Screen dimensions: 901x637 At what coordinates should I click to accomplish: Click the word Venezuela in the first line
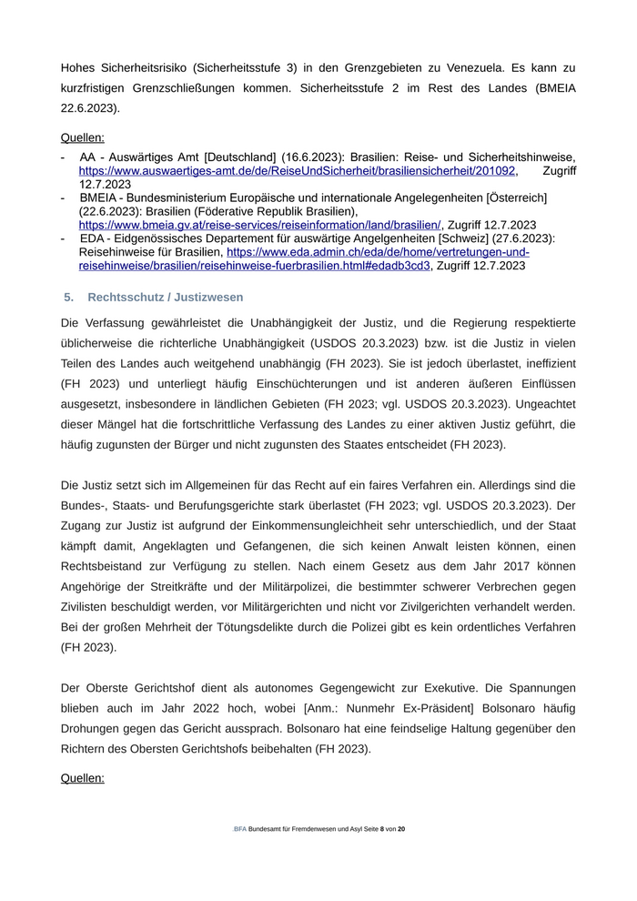488,67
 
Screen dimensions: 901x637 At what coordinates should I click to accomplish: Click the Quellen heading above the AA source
83,138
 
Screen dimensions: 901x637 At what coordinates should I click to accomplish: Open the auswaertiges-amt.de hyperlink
298,170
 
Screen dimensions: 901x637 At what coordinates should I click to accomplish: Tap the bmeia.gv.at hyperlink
259,225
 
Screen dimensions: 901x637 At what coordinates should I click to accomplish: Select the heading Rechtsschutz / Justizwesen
166,298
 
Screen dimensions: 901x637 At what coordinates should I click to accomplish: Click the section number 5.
68,298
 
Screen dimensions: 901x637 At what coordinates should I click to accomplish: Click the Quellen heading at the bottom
83,778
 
